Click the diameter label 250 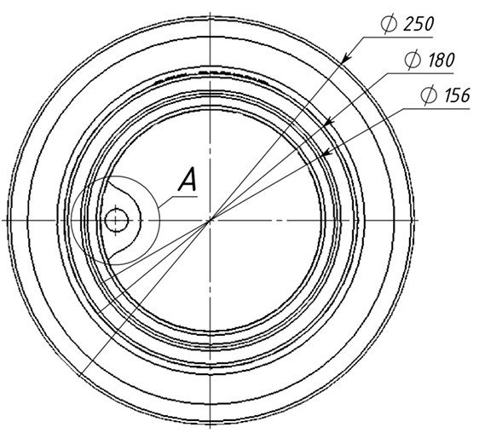(x=418, y=25)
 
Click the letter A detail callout (x=188, y=179)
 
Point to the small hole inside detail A (x=117, y=220)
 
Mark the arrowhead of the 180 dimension (x=329, y=121)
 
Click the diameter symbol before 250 (x=389, y=25)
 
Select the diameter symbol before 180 (x=413, y=61)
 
